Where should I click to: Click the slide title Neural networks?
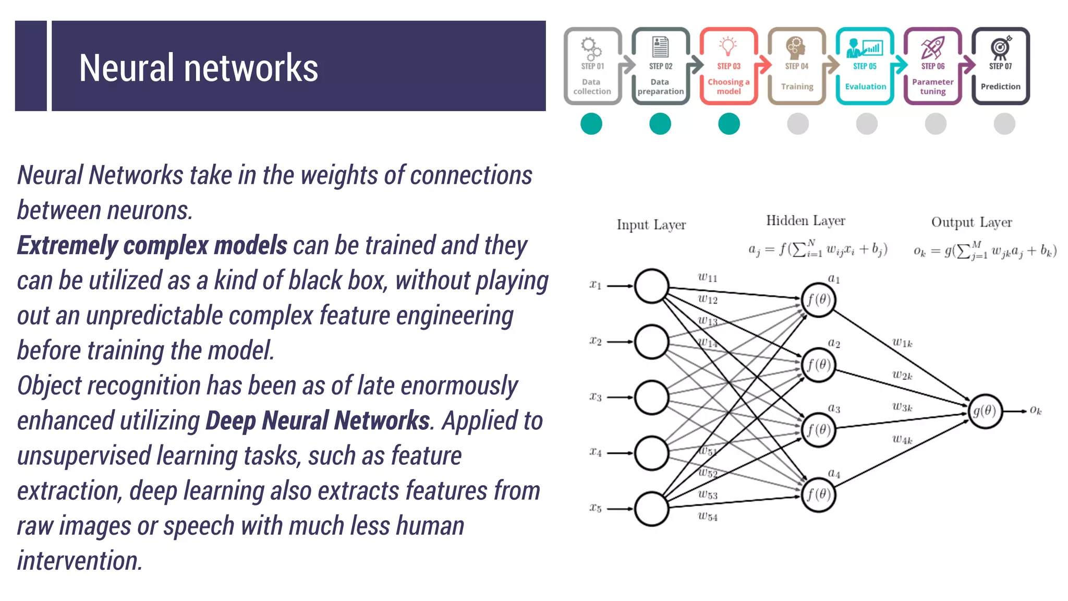click(x=198, y=68)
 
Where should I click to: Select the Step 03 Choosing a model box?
click(x=729, y=66)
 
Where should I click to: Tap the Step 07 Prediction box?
click(x=1000, y=66)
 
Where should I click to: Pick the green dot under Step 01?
click(x=591, y=124)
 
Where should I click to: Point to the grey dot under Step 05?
click(x=867, y=124)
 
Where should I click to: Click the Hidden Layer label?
click(x=805, y=221)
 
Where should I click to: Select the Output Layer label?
click(x=972, y=222)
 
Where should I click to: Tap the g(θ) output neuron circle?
click(x=985, y=411)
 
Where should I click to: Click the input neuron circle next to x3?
click(x=651, y=398)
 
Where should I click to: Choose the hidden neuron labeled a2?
click(x=818, y=365)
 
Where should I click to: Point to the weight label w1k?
click(x=902, y=343)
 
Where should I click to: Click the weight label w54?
click(x=708, y=516)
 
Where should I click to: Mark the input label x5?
click(x=596, y=508)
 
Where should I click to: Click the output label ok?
click(x=1036, y=411)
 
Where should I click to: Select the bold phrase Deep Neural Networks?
click(x=318, y=421)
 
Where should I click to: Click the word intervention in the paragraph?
click(x=79, y=561)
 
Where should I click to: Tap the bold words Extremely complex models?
click(x=152, y=245)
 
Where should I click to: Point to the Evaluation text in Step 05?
click(x=865, y=87)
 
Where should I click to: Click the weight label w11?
click(x=708, y=278)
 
